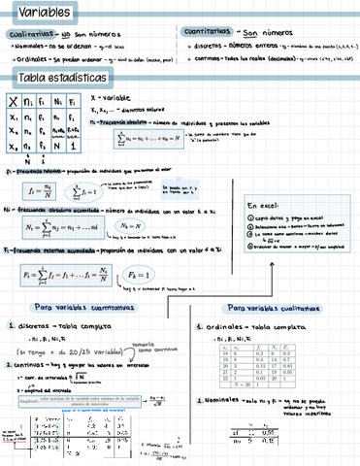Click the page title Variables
click(34, 11)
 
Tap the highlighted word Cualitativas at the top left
click(28, 34)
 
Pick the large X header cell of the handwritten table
click(12, 100)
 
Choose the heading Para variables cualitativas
click(269, 308)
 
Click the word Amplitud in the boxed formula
click(33, 399)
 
